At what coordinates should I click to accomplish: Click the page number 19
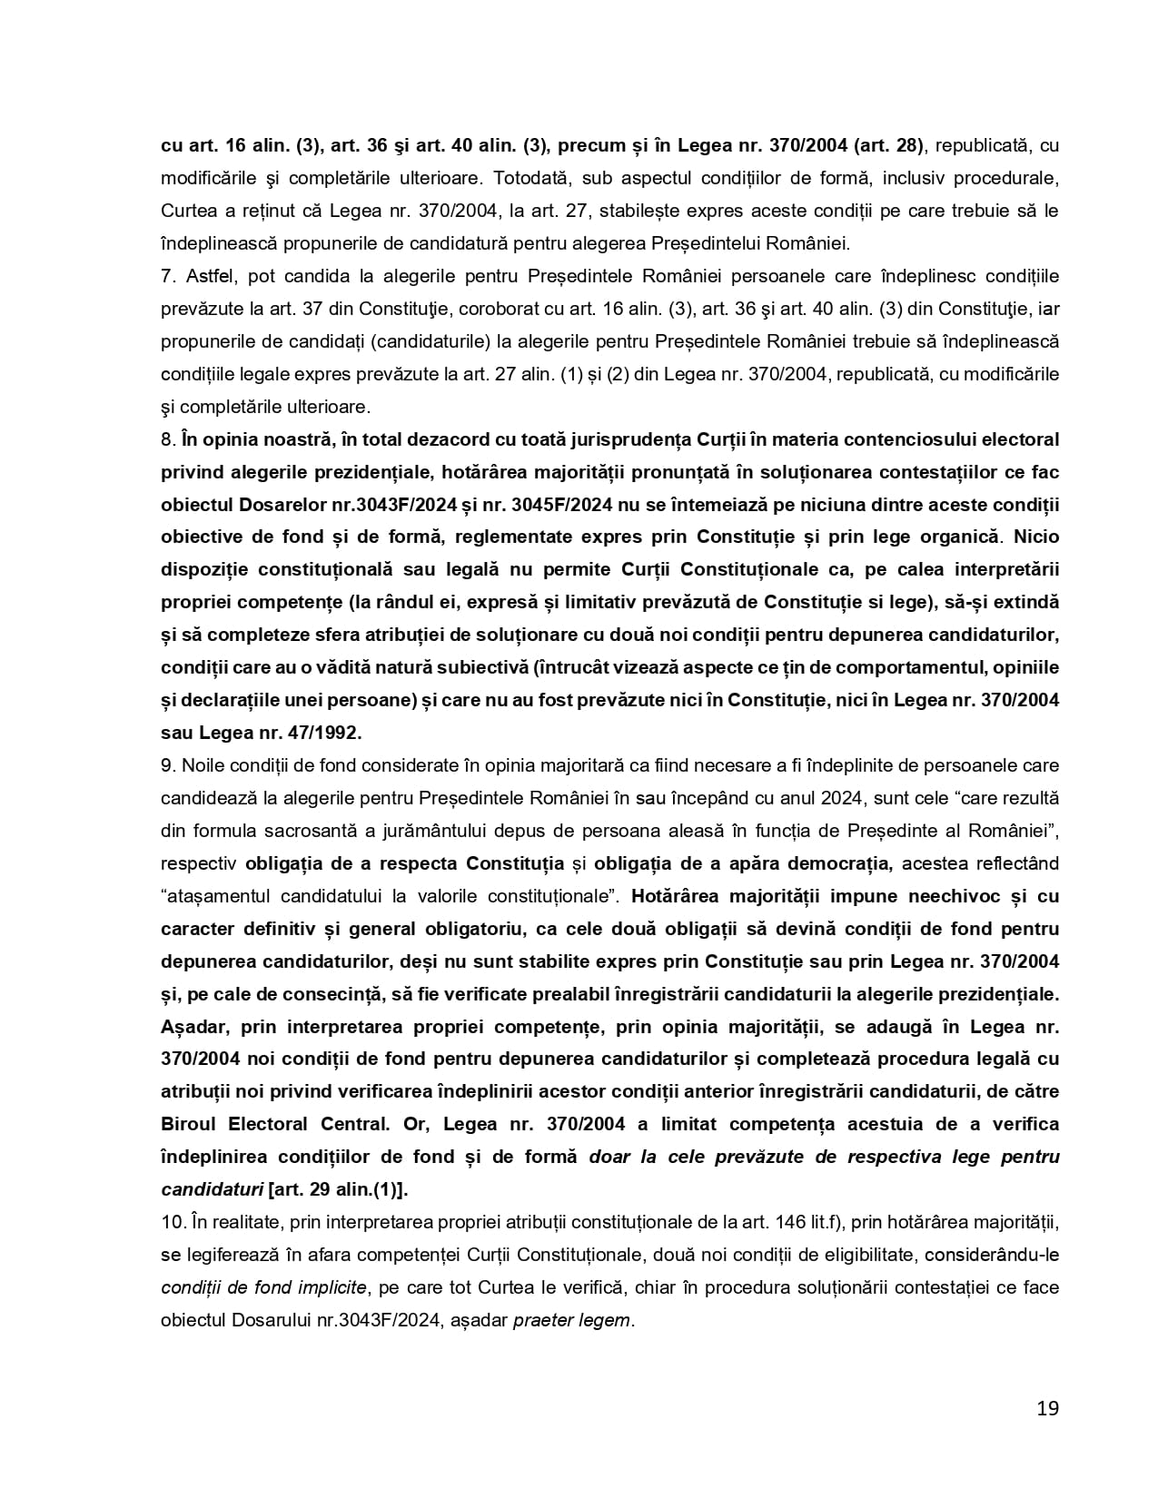pyautogui.click(x=1047, y=1408)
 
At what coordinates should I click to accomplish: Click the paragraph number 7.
pyautogui.click(x=166, y=276)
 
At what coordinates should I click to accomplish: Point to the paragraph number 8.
pyautogui.click(x=166, y=439)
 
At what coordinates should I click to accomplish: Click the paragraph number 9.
pyautogui.click(x=166, y=765)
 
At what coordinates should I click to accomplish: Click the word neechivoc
pyautogui.click(x=953, y=896)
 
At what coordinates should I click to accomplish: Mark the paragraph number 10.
pyautogui.click(x=172, y=1222)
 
